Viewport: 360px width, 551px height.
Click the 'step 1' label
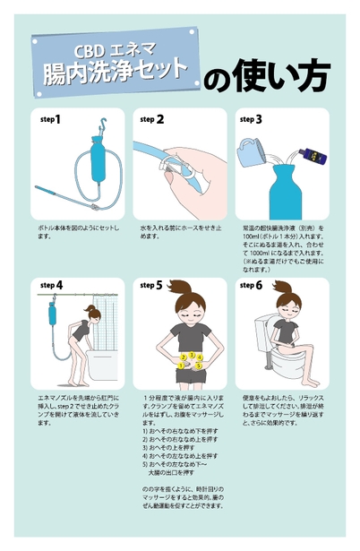point(50,118)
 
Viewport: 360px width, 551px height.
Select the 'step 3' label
point(251,118)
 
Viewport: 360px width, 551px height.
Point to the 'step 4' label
point(50,286)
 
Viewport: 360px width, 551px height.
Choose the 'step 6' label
point(251,286)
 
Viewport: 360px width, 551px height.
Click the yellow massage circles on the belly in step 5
point(190,361)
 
